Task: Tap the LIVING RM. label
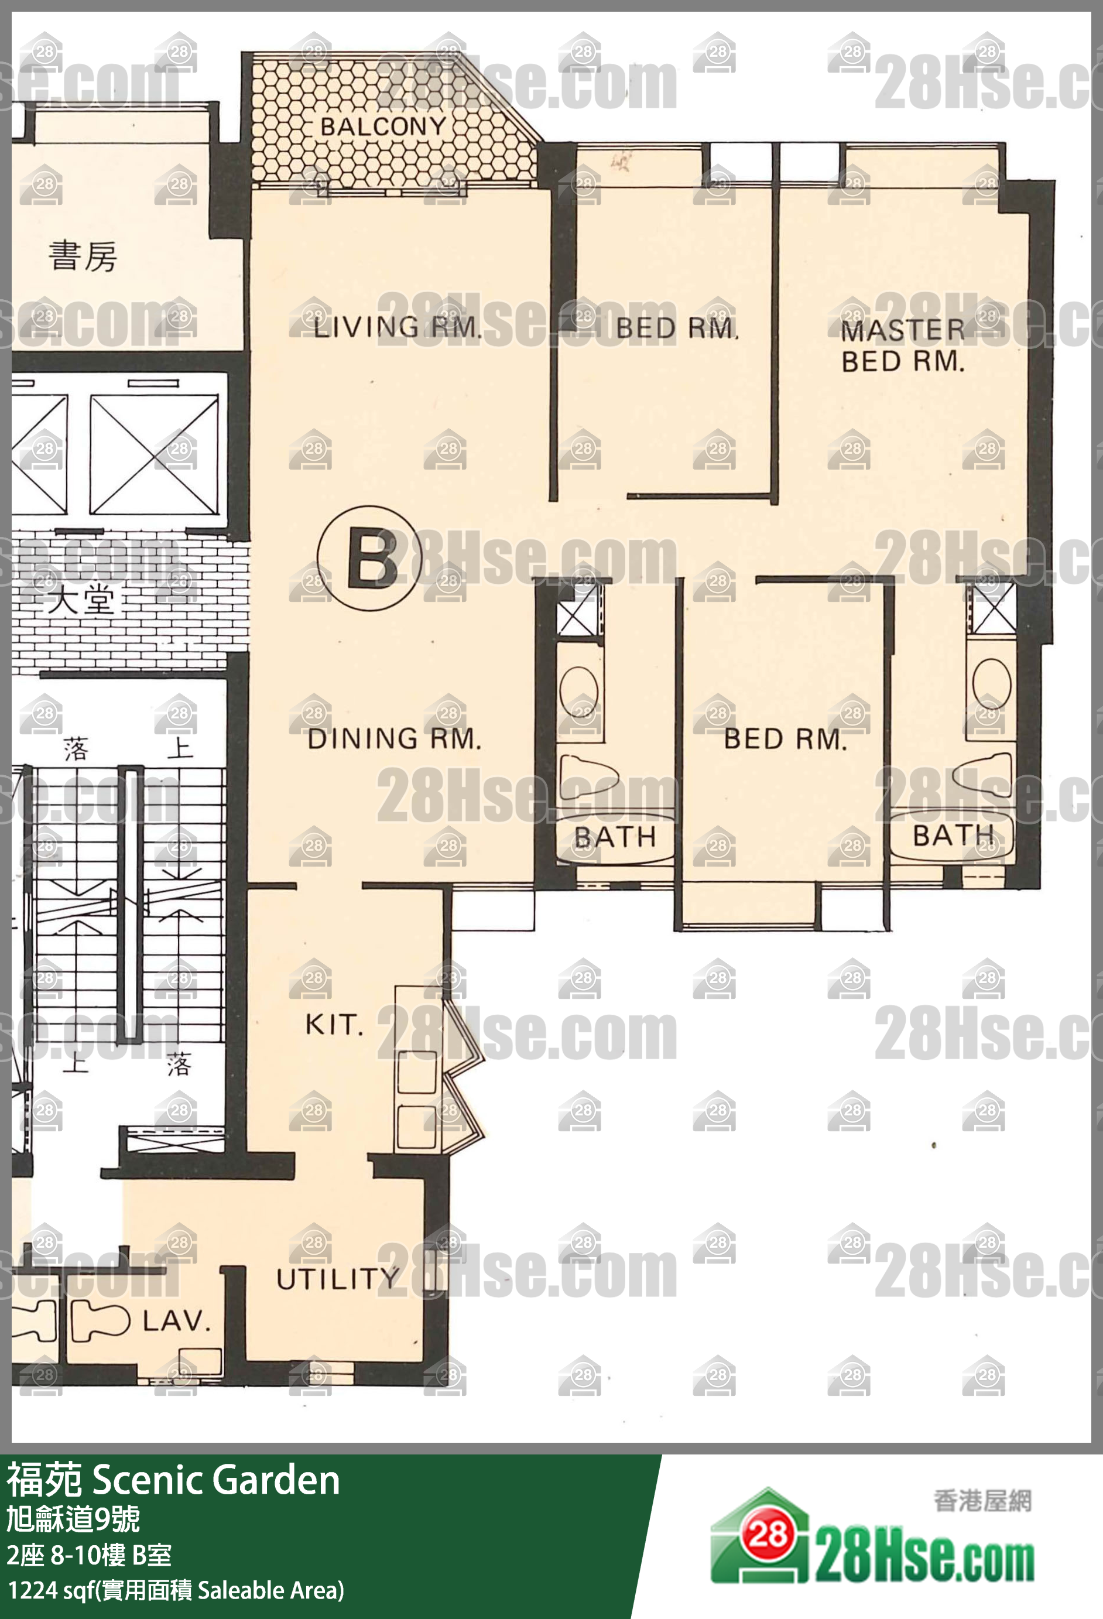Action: pyautogui.click(x=397, y=327)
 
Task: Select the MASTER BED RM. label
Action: pyautogui.click(x=903, y=346)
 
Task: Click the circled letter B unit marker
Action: pyautogui.click(x=370, y=558)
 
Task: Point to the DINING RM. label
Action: pyautogui.click(x=394, y=738)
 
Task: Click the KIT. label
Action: pyautogui.click(x=334, y=1024)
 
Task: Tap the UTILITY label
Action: pyautogui.click(x=338, y=1278)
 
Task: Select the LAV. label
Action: pyautogui.click(x=176, y=1321)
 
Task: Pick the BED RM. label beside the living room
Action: pyautogui.click(x=677, y=328)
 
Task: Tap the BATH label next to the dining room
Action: pyautogui.click(x=615, y=837)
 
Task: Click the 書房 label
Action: pyautogui.click(x=83, y=256)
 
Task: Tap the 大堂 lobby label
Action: pyautogui.click(x=81, y=600)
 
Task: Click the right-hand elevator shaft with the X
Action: pyautogui.click(x=154, y=455)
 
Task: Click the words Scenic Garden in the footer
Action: pyautogui.click(x=216, y=1479)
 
